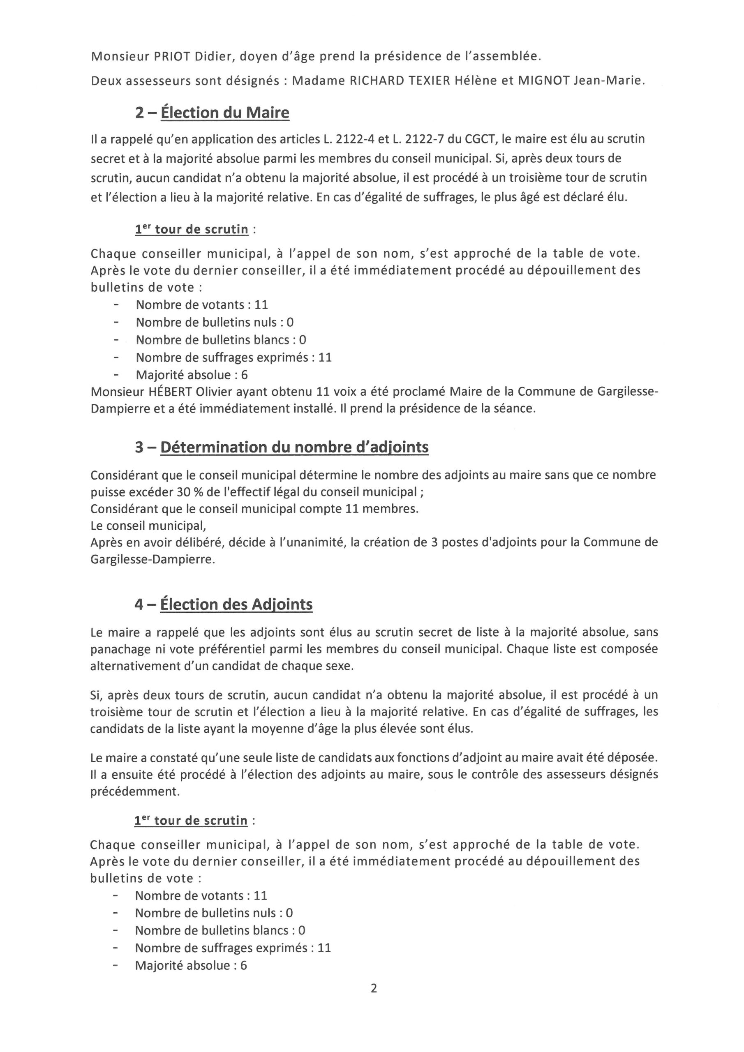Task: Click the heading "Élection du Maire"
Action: (x=224, y=113)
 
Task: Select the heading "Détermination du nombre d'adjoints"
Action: (x=294, y=447)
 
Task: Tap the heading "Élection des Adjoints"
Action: (x=236, y=605)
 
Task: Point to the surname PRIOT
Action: (x=166, y=56)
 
